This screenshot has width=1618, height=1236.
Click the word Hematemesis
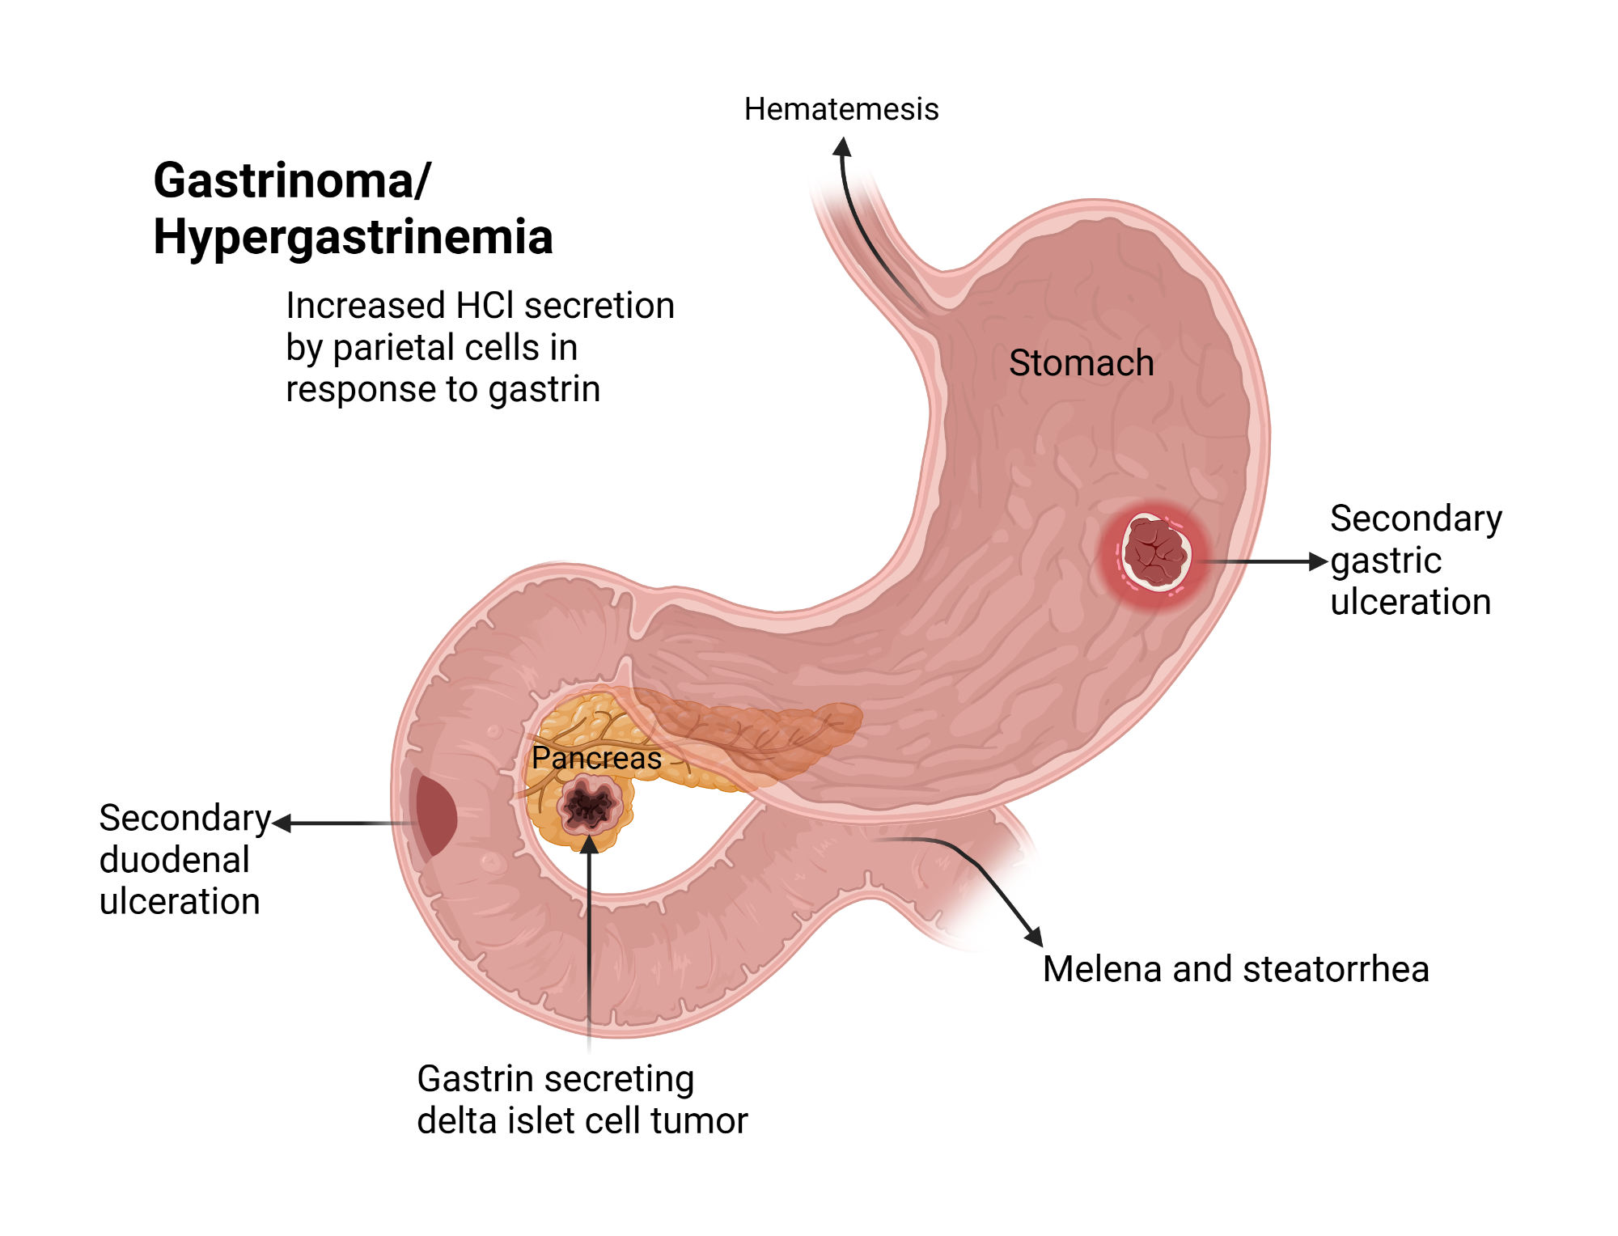pos(841,109)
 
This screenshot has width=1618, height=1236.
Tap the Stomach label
pos(1081,363)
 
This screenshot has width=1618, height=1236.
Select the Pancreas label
pos(596,759)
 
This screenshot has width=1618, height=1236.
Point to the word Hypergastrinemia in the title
pos(353,237)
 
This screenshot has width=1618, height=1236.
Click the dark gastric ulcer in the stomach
pos(1156,552)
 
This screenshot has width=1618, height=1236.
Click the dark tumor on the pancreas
pos(590,805)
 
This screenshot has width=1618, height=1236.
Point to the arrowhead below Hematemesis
pos(842,147)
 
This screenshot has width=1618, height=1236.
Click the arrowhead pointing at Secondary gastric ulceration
pos(1319,561)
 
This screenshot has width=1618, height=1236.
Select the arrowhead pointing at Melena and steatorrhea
pos(1034,937)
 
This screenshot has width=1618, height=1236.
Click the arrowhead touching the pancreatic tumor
pos(590,844)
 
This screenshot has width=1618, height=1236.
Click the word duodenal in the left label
pos(175,860)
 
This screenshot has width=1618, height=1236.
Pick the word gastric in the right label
pos(1386,561)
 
